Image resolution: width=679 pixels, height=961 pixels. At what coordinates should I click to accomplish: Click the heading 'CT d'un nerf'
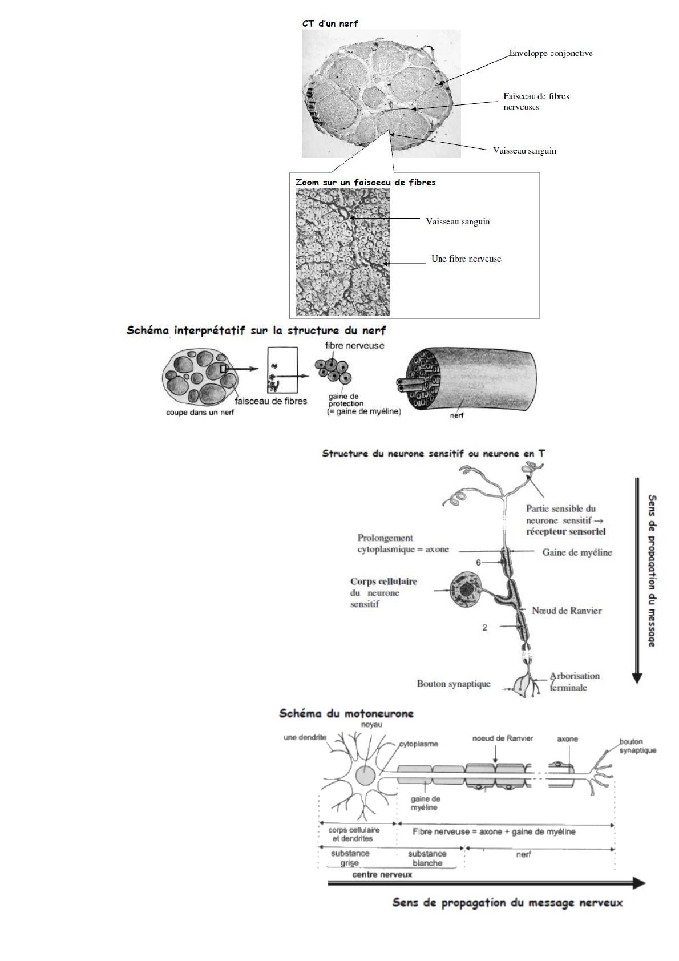point(330,23)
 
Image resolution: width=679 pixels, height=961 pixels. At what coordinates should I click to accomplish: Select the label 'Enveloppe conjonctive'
point(551,53)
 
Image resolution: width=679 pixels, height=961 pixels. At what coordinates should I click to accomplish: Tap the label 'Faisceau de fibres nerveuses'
point(536,101)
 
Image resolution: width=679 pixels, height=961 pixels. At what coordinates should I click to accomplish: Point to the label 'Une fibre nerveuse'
point(466,259)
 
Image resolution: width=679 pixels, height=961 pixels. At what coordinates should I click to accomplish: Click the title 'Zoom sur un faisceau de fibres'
point(365,183)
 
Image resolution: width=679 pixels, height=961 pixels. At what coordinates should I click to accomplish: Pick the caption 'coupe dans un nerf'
point(200,413)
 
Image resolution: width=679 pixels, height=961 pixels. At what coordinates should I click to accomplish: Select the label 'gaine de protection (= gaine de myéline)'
point(363,404)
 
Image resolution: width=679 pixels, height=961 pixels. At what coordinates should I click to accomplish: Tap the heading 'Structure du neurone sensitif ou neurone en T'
point(433,454)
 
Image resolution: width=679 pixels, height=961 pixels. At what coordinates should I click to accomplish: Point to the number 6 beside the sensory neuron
point(479,562)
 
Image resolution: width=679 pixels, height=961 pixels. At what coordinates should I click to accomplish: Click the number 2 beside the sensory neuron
point(484,627)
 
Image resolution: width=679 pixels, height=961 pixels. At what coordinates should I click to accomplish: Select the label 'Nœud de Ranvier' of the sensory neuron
point(567,611)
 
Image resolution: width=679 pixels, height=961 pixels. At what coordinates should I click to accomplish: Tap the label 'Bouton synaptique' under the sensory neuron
point(454,684)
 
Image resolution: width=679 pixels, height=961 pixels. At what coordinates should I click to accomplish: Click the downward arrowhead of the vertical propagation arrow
point(637,678)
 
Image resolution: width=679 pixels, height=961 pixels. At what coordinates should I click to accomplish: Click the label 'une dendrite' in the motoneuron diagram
point(305,737)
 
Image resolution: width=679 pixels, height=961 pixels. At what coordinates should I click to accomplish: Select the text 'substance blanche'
point(427,858)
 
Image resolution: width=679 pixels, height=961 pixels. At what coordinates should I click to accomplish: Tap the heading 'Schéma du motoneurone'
point(346,713)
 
